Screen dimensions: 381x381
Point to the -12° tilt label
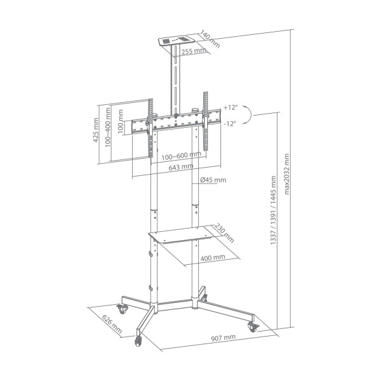(x=229, y=123)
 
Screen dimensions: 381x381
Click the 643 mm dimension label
(x=182, y=167)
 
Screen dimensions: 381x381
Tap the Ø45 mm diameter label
(x=213, y=180)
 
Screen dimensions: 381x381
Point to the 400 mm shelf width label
(x=213, y=258)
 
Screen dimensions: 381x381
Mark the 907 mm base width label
(x=223, y=337)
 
